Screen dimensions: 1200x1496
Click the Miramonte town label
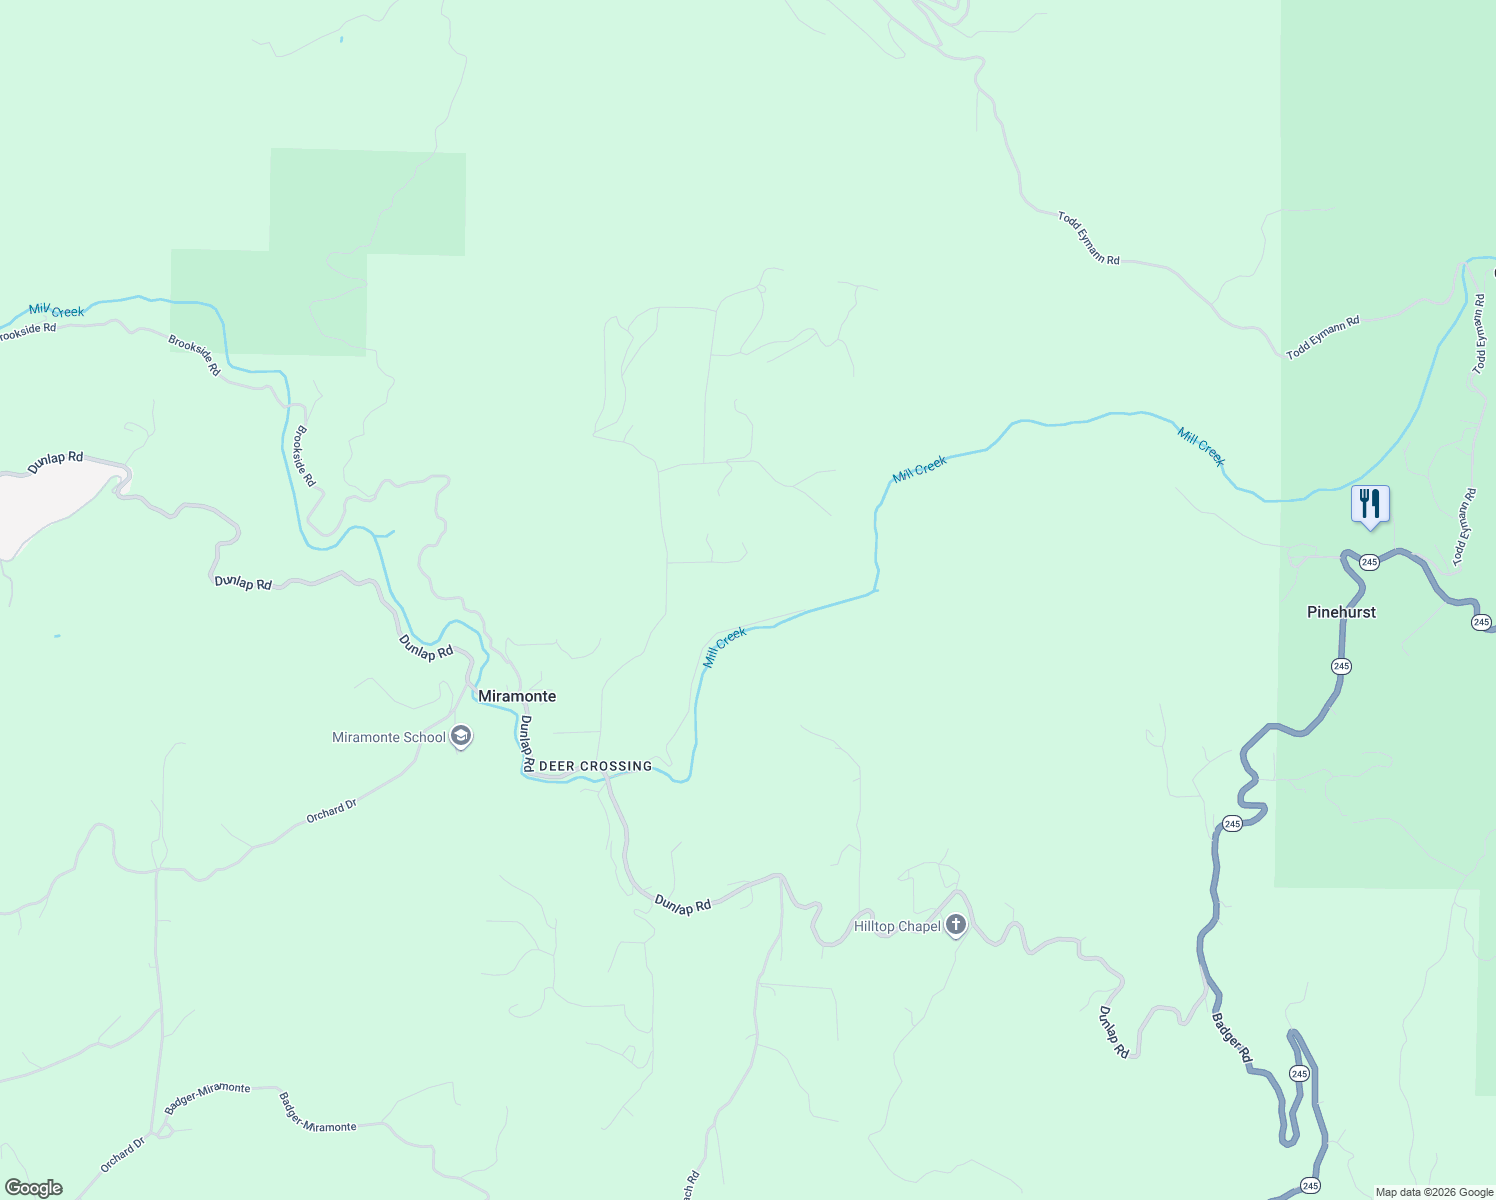516,696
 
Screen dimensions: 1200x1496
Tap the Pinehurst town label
1341,612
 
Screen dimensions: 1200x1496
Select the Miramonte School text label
389,738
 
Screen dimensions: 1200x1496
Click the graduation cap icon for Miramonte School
461,738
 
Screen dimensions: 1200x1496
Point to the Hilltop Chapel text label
897,926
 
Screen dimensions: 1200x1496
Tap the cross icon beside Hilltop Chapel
956,925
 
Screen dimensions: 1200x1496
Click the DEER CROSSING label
595,766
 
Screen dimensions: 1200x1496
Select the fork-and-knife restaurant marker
1370,503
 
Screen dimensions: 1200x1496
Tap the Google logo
33,1188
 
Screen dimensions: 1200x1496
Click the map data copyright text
1434,1192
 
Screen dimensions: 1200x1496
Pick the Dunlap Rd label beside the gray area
55,461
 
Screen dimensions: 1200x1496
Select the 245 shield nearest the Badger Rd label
1298,1073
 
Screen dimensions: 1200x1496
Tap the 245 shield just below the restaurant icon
1369,562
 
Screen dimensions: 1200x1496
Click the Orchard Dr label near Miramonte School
331,811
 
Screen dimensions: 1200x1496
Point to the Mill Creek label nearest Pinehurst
1200,446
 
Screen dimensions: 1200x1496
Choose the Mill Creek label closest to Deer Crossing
724,647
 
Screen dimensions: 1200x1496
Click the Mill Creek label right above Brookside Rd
57,311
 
